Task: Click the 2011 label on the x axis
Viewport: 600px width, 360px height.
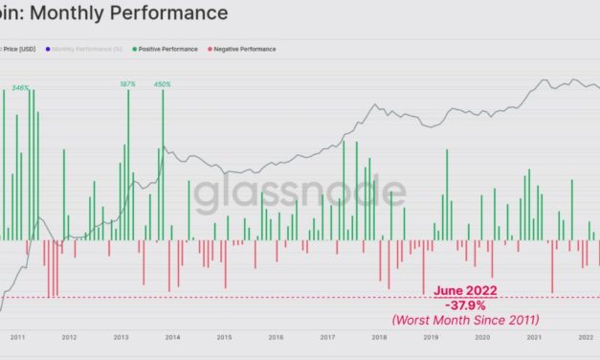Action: [x=17, y=337]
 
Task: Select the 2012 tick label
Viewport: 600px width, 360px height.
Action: [x=69, y=337]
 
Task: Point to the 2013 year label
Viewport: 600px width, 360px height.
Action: [x=121, y=337]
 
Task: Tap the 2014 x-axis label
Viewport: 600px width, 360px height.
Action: [x=172, y=337]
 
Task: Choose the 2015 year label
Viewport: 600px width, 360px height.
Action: [x=224, y=337]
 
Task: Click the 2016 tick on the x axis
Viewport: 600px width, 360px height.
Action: [x=276, y=337]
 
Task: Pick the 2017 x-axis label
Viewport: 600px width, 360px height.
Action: [x=327, y=337]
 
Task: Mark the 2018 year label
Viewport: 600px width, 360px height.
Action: [x=379, y=337]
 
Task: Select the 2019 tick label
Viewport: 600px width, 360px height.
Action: [x=431, y=337]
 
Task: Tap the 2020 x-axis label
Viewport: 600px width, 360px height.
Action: [x=482, y=337]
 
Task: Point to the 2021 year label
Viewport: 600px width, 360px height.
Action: [x=534, y=337]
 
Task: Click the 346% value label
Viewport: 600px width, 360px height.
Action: [x=20, y=87]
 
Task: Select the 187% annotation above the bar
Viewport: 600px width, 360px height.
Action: [x=127, y=84]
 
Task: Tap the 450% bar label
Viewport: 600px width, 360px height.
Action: [x=163, y=84]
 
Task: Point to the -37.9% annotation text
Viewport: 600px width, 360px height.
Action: [x=465, y=305]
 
